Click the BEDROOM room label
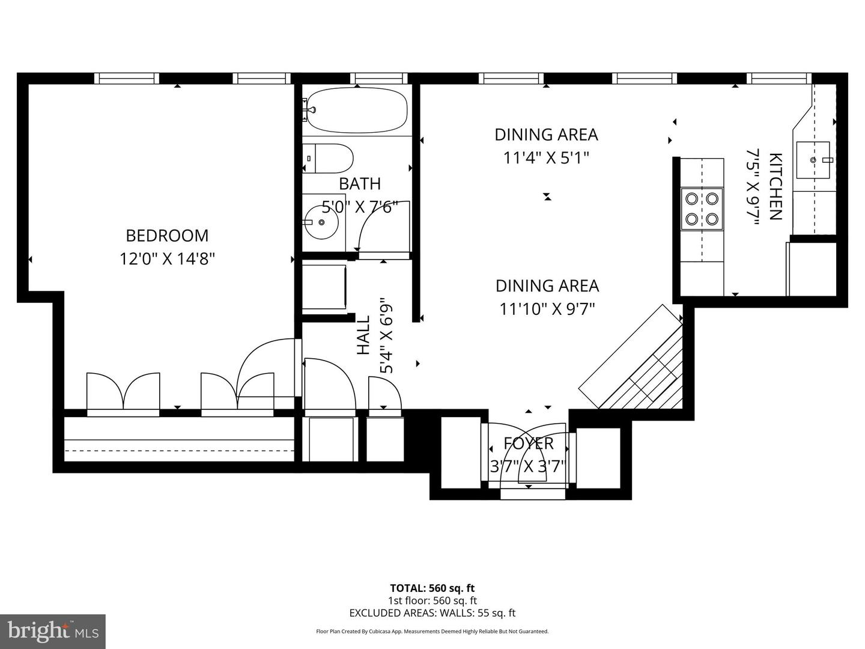(x=167, y=235)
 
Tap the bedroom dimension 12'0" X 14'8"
(x=167, y=259)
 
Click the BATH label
(x=360, y=183)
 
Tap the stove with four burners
(x=702, y=209)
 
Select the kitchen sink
(x=813, y=160)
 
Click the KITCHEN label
(x=775, y=187)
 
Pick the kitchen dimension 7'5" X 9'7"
(x=753, y=187)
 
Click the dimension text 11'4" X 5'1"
(x=546, y=158)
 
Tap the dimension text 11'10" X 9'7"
(x=547, y=309)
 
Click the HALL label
(x=364, y=335)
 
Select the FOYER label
(x=529, y=443)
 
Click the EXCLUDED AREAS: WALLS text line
(x=432, y=613)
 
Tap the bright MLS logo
(x=53, y=631)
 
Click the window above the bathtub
(x=378, y=78)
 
